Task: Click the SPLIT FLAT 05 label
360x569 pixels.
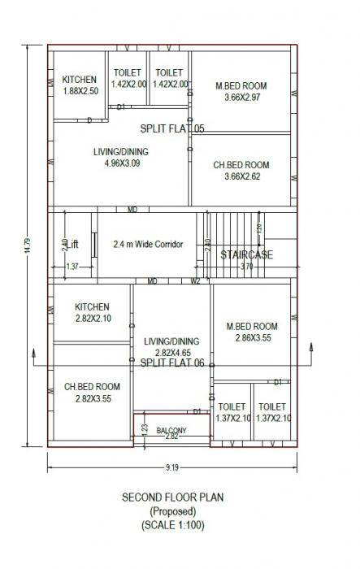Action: tap(172, 128)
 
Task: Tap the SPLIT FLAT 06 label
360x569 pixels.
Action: tap(172, 363)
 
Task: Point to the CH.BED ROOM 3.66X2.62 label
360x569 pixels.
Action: tap(241, 171)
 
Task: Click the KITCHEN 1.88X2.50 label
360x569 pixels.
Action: tap(80, 85)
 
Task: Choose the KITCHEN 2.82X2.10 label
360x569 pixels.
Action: tap(91, 313)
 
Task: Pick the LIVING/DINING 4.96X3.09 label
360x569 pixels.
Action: tap(122, 157)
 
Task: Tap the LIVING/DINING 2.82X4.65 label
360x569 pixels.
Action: tap(171, 347)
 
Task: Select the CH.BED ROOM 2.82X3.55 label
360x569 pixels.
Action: tap(92, 393)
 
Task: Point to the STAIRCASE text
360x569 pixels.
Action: tap(247, 254)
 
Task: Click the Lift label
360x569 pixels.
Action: tap(73, 244)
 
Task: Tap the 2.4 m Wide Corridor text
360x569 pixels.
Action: tap(148, 244)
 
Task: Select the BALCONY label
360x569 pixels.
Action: tap(171, 430)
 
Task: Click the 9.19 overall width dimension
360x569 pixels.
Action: tap(171, 467)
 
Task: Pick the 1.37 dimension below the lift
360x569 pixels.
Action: tap(72, 267)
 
